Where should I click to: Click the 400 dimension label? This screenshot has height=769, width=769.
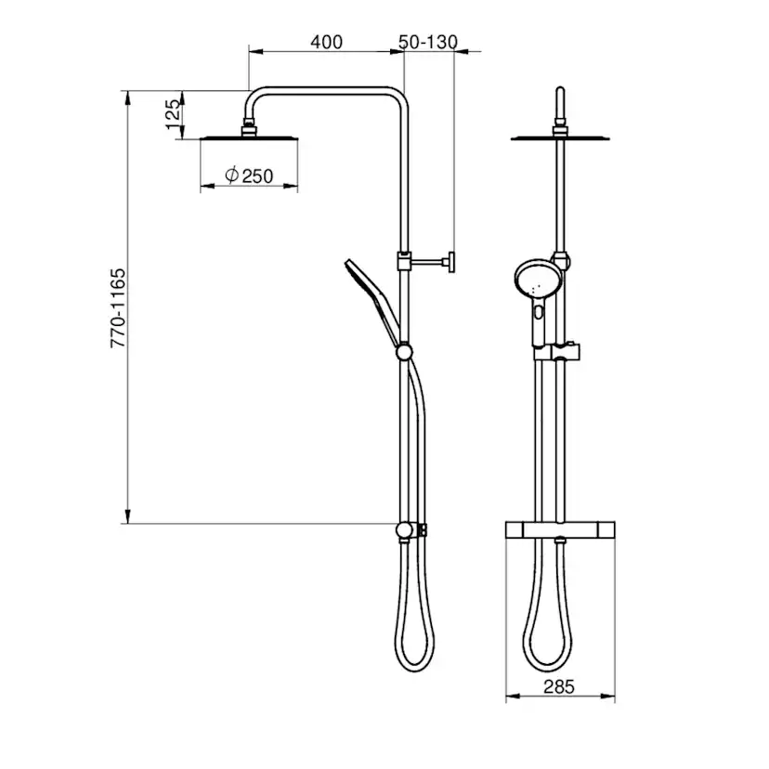coord(326,42)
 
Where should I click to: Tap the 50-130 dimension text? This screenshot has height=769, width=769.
coord(428,42)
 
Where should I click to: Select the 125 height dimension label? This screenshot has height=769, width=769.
coord(173,115)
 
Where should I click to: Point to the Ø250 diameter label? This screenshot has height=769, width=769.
coord(249,176)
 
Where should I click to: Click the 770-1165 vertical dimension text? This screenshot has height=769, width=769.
coord(118,308)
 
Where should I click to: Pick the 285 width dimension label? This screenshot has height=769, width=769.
coord(558,687)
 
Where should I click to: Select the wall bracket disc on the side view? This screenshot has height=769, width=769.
coord(451,262)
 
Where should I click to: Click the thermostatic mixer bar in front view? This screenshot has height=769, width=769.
coord(560,529)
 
